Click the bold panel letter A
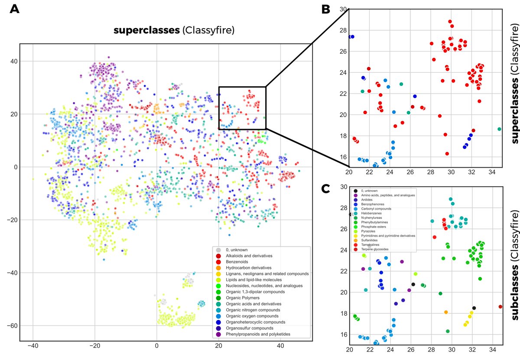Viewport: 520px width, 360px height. tap(15, 10)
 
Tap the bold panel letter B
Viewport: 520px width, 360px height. tap(326, 10)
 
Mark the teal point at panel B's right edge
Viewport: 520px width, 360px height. tap(500, 129)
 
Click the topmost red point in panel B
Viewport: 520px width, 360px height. tap(450, 21)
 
